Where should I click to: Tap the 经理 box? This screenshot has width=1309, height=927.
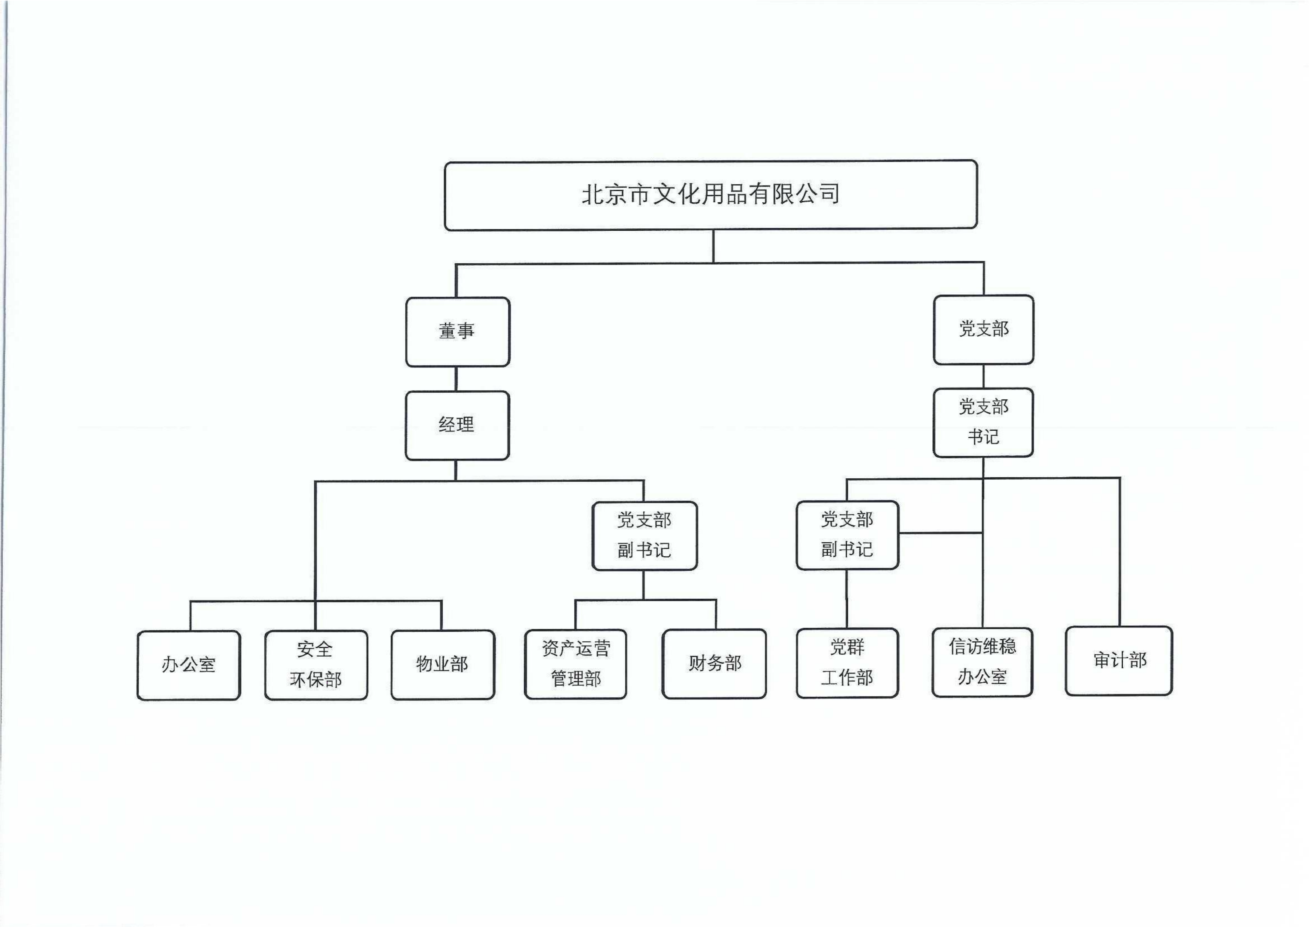point(457,425)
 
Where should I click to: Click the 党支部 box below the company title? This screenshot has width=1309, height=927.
point(983,329)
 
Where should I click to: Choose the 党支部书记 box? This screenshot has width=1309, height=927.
point(983,423)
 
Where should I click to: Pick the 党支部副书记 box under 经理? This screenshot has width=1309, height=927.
point(644,535)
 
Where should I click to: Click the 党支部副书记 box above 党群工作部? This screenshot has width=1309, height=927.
point(847,535)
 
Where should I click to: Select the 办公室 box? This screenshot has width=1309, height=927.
point(189,665)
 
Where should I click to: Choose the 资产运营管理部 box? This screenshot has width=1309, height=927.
point(576,664)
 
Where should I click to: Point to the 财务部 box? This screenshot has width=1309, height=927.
point(714,663)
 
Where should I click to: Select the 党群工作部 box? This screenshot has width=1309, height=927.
point(847,663)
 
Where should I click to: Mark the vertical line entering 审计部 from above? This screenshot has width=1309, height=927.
point(1120,551)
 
